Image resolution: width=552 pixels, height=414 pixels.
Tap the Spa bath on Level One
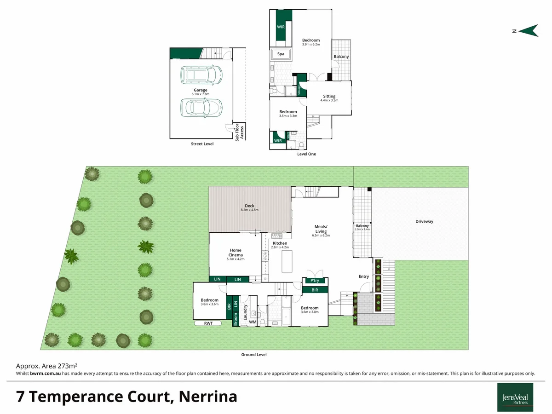coord(281,54)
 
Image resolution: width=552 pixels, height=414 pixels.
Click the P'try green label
coord(315,281)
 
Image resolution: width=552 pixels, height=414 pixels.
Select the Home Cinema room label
coord(236,253)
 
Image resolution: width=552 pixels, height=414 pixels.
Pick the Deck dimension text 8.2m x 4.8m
coord(250,210)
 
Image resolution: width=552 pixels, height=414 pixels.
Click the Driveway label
coord(424,222)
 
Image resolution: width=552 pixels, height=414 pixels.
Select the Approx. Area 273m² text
coord(46,366)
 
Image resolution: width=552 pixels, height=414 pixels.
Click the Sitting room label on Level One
coord(329,97)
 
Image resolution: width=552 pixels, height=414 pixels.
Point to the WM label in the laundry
coord(253,322)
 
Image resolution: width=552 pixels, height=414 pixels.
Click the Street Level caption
coord(202,144)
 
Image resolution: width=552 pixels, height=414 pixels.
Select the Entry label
coord(364,276)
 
